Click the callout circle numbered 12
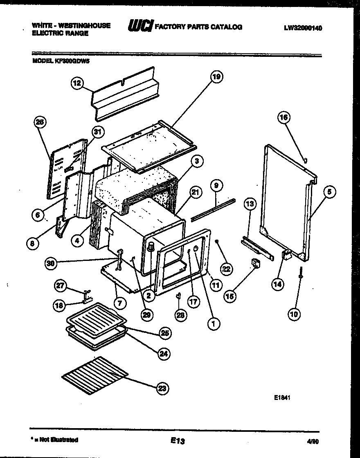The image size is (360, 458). coord(76,83)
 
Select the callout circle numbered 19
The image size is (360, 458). coord(217,76)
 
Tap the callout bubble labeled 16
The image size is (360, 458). coord(283,117)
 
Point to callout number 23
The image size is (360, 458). coord(162,388)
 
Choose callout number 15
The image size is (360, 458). coord(230,295)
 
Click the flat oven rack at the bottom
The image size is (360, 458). coord(94,375)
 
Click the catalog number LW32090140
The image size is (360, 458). coord(302,28)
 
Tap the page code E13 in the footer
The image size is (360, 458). coord(178,441)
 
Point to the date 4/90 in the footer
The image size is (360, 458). coord(312,442)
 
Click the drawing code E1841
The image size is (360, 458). coord(282,397)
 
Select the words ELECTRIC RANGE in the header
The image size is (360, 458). coord(60,34)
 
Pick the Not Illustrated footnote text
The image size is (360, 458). coord(55,440)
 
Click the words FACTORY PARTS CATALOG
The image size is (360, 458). coord(198,27)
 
